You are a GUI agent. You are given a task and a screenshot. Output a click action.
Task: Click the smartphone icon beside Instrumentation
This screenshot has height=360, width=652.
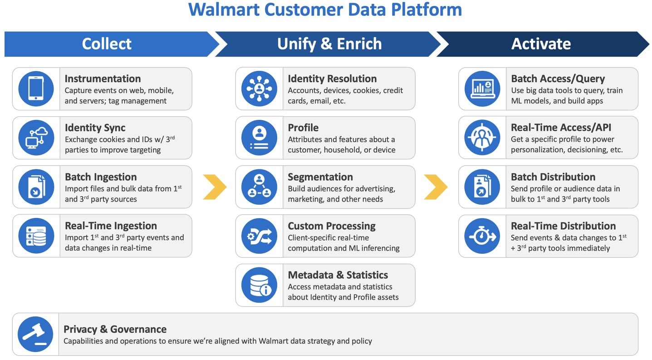coord(36,89)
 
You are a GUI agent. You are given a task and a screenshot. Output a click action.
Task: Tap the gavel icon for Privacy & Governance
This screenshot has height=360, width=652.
coord(35,334)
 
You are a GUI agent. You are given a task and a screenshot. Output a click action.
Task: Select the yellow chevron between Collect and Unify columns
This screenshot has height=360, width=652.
coord(215,187)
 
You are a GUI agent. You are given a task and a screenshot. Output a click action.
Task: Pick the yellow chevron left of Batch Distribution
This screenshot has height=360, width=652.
coord(436,187)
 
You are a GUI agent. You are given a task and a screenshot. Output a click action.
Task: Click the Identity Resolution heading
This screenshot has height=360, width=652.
coord(332,79)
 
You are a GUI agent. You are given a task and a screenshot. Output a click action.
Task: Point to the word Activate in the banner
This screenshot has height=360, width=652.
coord(541,44)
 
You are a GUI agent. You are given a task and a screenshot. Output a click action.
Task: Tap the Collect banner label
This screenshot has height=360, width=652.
coord(107,44)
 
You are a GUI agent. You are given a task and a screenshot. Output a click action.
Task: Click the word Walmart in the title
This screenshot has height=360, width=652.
coord(224,10)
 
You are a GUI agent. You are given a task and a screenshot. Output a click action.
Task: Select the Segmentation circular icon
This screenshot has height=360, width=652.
coord(259,187)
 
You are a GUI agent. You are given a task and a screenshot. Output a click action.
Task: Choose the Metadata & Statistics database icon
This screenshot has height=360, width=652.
coord(259,285)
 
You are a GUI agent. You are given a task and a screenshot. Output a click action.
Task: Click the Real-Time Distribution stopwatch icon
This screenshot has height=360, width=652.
coord(482,236)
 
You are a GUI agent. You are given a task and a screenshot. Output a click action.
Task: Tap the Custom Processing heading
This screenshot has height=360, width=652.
coord(332,226)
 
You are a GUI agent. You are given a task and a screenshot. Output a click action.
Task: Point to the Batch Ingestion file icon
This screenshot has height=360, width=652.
coord(36,187)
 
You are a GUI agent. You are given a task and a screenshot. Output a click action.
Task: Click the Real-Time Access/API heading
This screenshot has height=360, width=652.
coord(561,128)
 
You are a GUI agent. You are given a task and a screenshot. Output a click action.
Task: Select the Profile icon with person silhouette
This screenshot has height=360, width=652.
coord(259,138)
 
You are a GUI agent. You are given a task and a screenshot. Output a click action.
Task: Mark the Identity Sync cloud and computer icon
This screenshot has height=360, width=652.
coord(36,138)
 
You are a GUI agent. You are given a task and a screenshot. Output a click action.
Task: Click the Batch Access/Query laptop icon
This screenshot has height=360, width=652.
coord(482,89)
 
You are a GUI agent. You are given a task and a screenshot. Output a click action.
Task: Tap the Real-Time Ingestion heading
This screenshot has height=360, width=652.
coord(111,226)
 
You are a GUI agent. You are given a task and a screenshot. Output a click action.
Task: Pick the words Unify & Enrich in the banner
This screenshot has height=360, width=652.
coord(329,44)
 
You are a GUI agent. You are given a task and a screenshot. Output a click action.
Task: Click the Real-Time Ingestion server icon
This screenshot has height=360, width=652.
coord(36,236)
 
